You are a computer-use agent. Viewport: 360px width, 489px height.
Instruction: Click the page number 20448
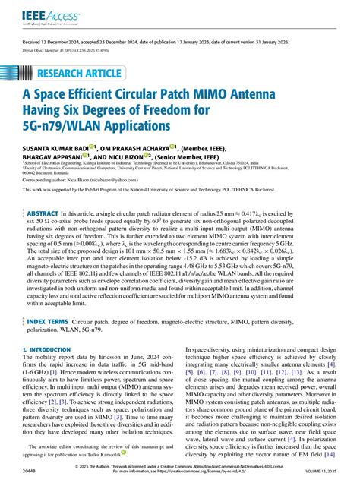pos(30,471)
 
